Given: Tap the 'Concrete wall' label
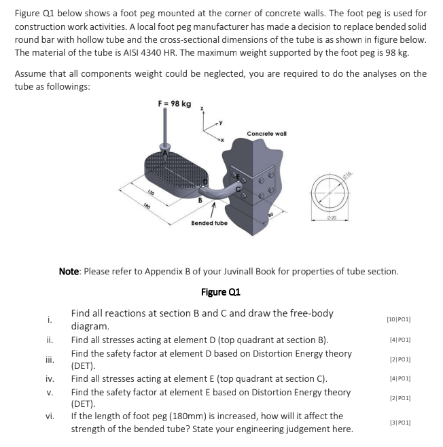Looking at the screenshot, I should (266, 134).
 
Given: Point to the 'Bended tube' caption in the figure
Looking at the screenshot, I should (209, 223).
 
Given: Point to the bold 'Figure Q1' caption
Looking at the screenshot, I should (221, 292).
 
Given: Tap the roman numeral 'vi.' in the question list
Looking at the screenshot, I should (50, 416).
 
